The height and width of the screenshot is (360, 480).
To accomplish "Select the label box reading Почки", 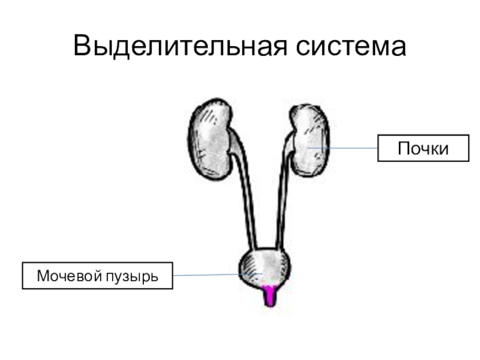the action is tap(423, 148).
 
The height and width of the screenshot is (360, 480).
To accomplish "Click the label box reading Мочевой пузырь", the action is tap(97, 276).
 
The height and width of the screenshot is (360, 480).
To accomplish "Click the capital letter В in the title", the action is tap(82, 46).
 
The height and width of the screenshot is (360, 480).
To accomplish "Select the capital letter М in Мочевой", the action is tap(43, 276).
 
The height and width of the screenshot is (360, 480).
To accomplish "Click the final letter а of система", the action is tap(398, 48).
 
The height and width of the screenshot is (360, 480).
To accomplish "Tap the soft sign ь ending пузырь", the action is tap(154, 277).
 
